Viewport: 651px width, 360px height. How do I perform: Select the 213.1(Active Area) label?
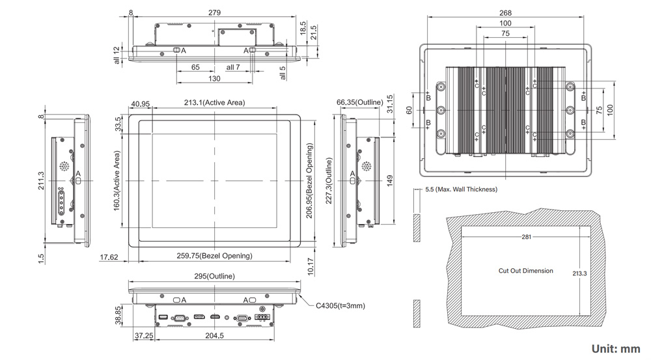click(x=214, y=103)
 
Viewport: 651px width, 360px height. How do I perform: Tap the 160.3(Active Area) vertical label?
click(x=117, y=180)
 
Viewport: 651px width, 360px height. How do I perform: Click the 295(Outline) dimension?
click(x=215, y=277)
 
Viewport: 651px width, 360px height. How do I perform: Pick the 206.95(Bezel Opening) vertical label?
click(x=309, y=182)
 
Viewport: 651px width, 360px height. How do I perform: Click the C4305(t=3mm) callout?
click(x=340, y=305)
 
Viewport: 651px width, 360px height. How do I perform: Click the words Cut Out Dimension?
click(x=526, y=271)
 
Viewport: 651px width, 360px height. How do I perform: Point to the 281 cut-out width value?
click(x=526, y=237)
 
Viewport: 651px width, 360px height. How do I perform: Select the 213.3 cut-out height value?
click(x=579, y=273)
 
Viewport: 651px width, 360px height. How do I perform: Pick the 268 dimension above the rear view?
click(x=506, y=13)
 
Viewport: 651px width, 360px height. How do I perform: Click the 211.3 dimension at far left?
click(x=41, y=180)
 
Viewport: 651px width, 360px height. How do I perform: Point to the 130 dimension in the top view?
click(x=214, y=79)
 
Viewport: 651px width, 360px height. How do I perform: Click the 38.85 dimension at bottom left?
click(x=118, y=316)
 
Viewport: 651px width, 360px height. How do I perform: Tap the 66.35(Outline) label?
click(x=359, y=103)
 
